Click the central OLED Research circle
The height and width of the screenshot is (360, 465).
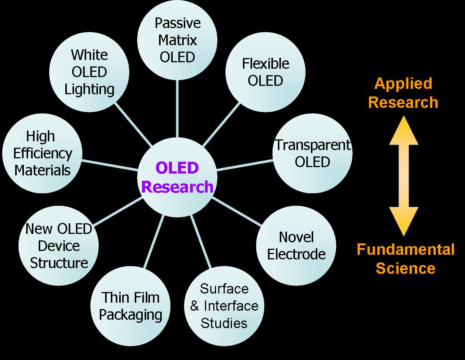[177, 177]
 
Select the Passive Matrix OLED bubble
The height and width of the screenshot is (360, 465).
[177, 40]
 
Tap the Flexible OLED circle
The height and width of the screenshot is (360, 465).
[265, 72]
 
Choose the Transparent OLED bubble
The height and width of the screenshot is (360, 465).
[312, 153]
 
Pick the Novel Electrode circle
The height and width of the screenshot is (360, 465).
[296, 246]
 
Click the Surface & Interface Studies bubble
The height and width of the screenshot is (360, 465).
[224, 306]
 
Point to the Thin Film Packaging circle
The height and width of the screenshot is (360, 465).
[131, 306]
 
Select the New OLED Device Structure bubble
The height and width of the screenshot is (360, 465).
[59, 246]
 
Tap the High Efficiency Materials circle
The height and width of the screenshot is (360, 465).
[42, 153]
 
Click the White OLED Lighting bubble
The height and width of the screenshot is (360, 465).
[89, 72]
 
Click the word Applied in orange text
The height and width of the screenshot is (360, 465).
[403, 84]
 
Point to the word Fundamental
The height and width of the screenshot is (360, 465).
[405, 250]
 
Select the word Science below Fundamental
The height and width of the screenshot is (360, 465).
[405, 268]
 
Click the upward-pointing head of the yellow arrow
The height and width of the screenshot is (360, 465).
[404, 131]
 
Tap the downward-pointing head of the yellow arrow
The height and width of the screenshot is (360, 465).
[404, 222]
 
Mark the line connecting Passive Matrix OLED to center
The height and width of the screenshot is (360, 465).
[177, 109]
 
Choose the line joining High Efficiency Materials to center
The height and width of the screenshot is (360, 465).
[110, 164]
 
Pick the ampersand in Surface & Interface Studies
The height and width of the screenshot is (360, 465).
[195, 306]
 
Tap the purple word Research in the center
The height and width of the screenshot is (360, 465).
[177, 187]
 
